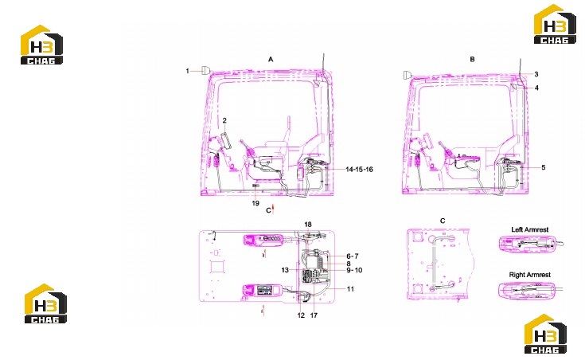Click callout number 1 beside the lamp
click(x=187, y=71)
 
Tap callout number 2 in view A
click(x=224, y=120)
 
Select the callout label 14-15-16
click(x=359, y=170)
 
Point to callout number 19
click(x=255, y=203)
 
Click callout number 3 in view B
click(x=536, y=74)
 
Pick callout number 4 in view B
click(x=537, y=88)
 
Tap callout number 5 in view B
click(x=543, y=167)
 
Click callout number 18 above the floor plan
click(x=308, y=225)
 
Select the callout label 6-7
click(x=353, y=256)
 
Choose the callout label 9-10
click(x=354, y=270)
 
